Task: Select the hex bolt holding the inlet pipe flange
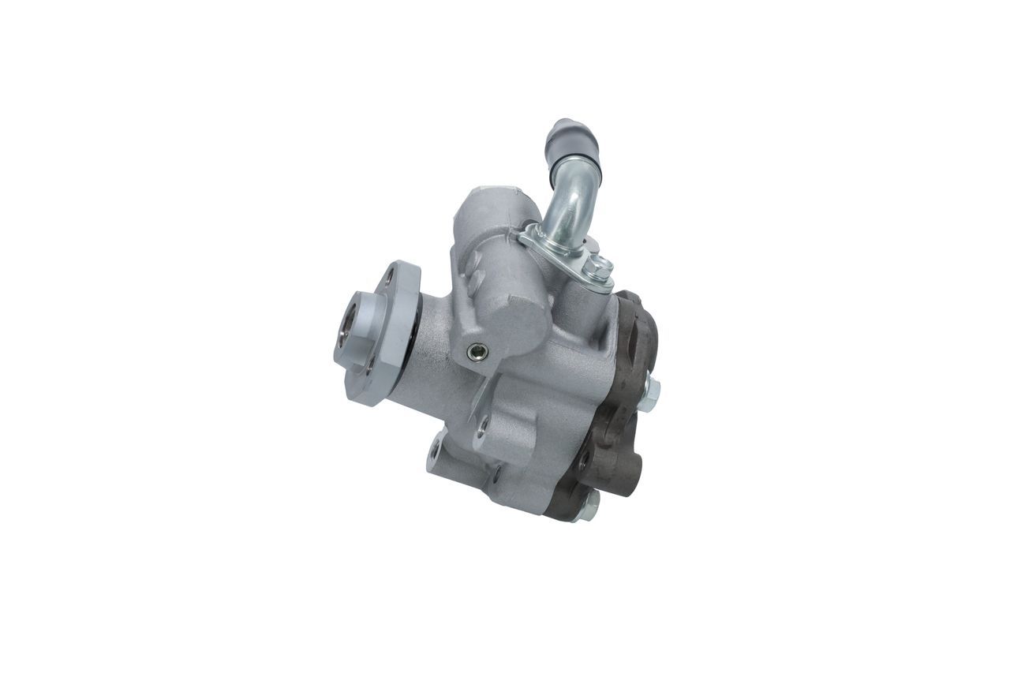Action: [600, 269]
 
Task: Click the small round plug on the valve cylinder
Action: [475, 353]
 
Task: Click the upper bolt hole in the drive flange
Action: [389, 276]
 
